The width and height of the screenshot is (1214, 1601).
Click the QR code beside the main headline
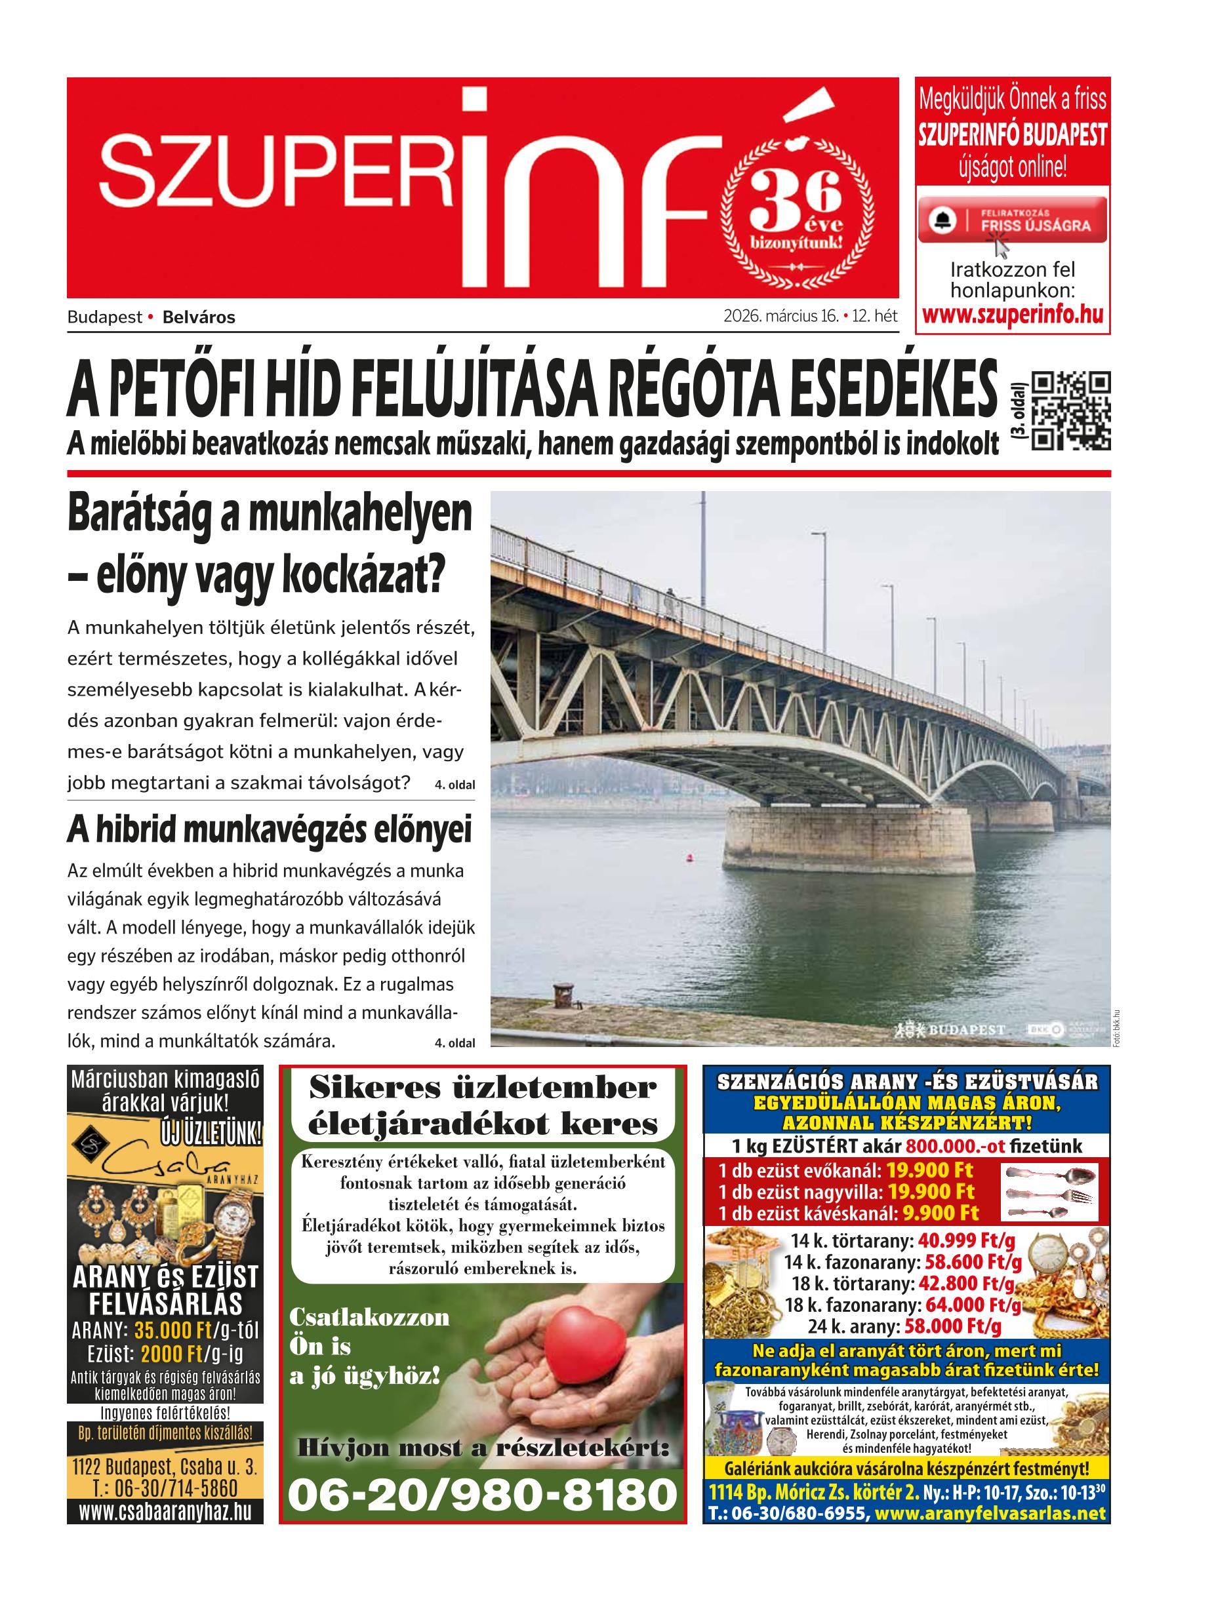1069,411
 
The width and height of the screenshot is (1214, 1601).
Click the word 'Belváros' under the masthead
199,317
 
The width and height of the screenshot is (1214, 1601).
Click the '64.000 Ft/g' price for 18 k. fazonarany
973,1305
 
